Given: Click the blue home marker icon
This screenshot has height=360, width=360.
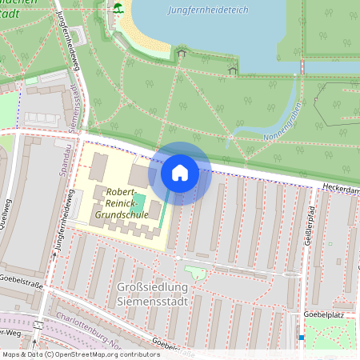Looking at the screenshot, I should pyautogui.click(x=180, y=173).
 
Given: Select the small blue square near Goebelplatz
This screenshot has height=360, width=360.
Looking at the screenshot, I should pyautogui.click(x=301, y=337).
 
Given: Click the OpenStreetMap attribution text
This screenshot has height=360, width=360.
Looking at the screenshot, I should pyautogui.click(x=80, y=354).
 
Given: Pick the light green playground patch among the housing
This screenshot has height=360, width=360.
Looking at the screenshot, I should pyautogui.click(x=194, y=272).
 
